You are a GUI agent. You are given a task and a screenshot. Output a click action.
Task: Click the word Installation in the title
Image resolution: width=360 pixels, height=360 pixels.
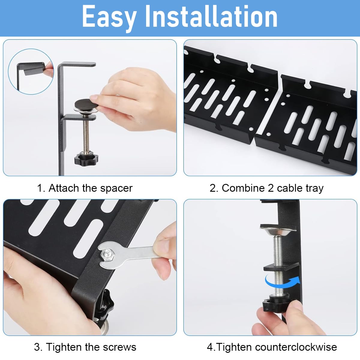[211, 16]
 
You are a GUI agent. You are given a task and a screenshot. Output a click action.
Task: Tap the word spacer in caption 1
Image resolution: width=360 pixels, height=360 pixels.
[116, 188]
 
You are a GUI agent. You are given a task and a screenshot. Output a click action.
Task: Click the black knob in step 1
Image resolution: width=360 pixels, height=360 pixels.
[86, 159]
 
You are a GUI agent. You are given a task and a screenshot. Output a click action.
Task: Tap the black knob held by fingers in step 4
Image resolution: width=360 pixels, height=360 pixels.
[274, 304]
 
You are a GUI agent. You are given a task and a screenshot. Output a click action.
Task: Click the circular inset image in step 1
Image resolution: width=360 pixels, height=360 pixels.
[31, 72]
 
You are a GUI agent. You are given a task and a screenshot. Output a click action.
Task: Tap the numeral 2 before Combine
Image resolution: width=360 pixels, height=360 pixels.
[213, 188]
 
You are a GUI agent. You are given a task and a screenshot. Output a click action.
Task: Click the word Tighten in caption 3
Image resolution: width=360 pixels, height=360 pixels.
[64, 347]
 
